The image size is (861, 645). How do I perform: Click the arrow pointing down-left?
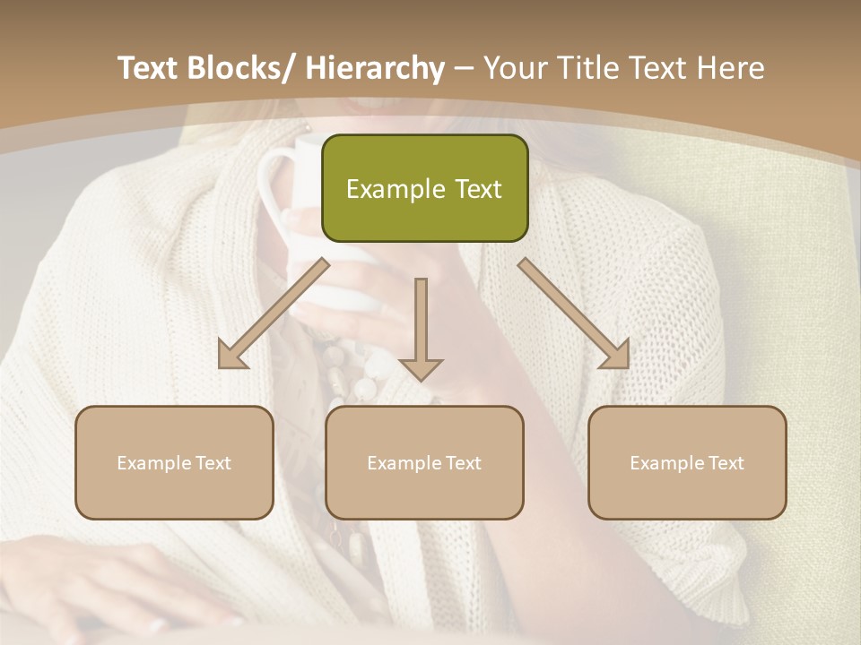[274, 314]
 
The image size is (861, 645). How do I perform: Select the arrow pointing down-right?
[574, 314]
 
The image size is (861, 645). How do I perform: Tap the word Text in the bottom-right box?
[726, 463]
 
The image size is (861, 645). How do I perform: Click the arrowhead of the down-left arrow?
[232, 357]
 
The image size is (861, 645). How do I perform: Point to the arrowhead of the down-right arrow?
[616, 356]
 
